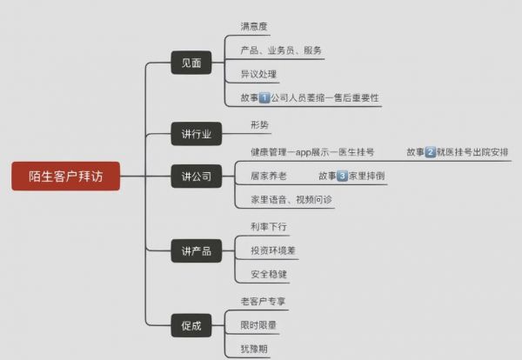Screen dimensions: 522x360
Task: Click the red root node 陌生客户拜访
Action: pos(65,176)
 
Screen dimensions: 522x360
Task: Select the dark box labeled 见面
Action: pos(191,63)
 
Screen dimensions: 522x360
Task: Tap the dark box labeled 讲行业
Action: pos(196,134)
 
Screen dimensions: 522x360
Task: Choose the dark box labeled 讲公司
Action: pos(196,176)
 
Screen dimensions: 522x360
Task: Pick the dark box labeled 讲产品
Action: pos(196,250)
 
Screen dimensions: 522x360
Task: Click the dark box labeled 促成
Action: pos(191,325)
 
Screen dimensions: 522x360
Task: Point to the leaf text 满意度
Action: pos(254,27)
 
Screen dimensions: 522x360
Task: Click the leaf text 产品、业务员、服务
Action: pos(281,50)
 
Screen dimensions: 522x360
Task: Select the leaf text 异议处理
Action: pos(258,74)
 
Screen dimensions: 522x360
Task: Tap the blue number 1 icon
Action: pos(264,97)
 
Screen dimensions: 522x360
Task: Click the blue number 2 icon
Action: pos(430,152)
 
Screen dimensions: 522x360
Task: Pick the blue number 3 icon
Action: pos(342,176)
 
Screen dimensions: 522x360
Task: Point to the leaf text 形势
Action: pos(259,125)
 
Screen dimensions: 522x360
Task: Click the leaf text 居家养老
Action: pos(269,176)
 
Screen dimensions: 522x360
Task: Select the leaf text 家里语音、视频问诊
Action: pos(291,200)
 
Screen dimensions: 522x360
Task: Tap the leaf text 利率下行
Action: pos(269,227)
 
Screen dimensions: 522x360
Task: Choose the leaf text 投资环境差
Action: pos(273,250)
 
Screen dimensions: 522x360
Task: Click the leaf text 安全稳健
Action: pos(269,275)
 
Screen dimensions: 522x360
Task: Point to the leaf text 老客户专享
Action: pos(263,302)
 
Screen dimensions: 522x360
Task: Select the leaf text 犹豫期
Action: pos(254,349)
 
